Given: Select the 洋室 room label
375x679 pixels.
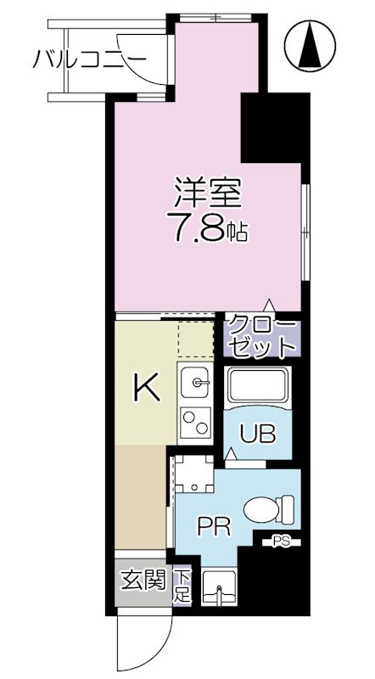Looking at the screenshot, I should pyautogui.click(x=208, y=194).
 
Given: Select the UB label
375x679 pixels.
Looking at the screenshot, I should pyautogui.click(x=257, y=435).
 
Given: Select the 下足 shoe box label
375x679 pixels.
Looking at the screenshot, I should pyautogui.click(x=182, y=586).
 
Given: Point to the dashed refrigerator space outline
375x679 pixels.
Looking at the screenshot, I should pyautogui.click(x=195, y=339).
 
